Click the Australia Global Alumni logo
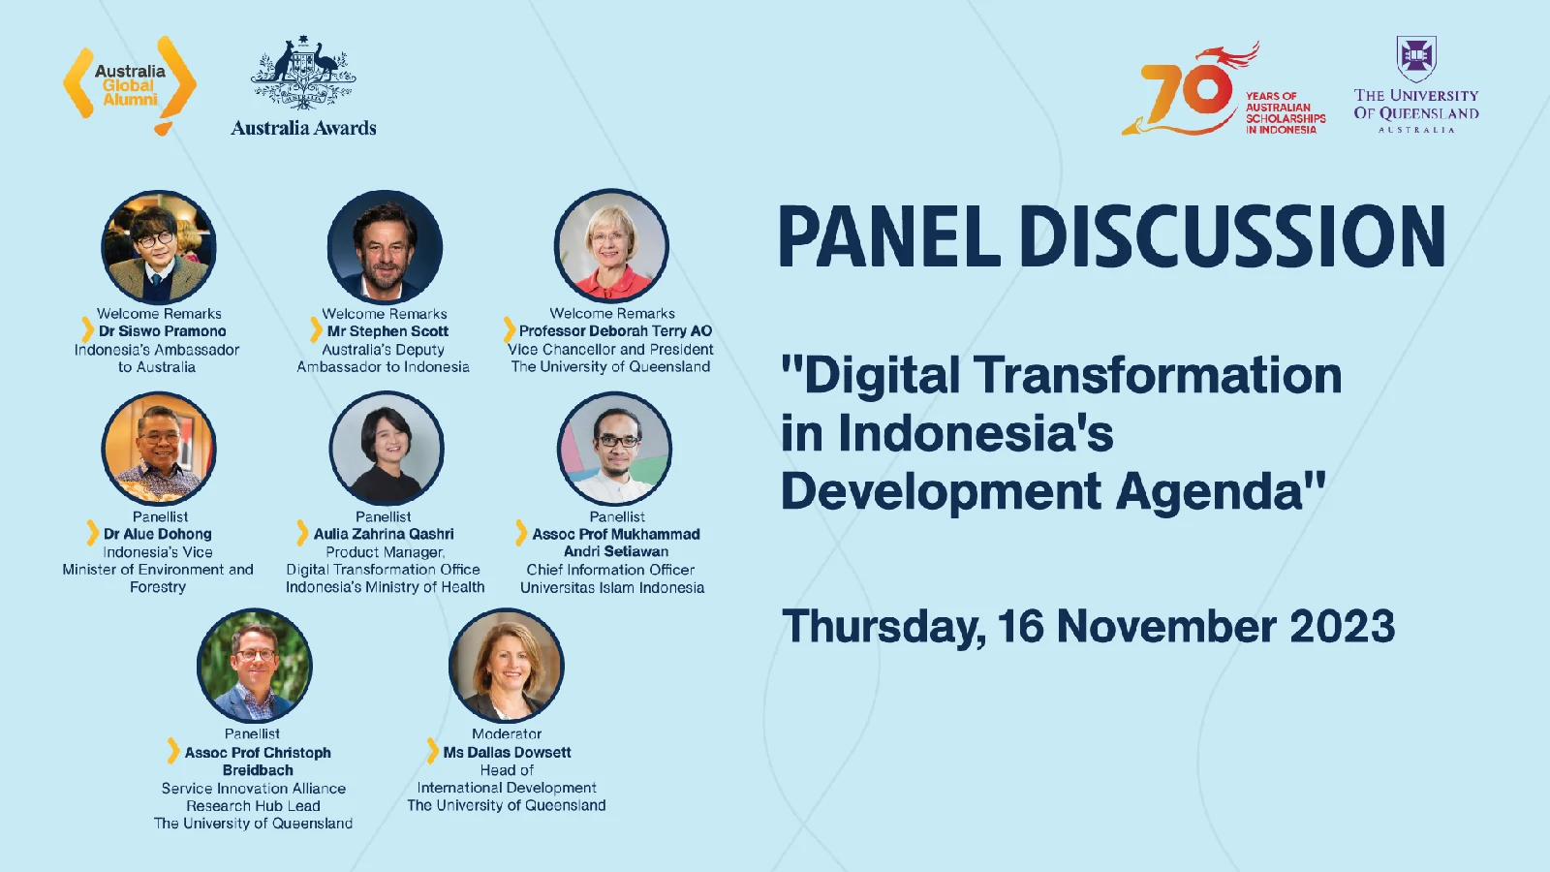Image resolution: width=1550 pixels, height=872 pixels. [130, 85]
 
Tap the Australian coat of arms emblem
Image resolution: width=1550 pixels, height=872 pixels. [303, 73]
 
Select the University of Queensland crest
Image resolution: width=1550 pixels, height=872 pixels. [1415, 59]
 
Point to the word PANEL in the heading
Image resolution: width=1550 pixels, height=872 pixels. [890, 236]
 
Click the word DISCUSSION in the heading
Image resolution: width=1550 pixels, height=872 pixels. [1232, 236]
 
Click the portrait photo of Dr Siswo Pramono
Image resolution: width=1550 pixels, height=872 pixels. [159, 246]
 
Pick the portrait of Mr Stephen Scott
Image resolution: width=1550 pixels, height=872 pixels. [385, 246]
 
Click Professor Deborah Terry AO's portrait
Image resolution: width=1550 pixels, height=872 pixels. [611, 246]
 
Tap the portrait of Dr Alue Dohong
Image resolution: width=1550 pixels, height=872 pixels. [159, 448]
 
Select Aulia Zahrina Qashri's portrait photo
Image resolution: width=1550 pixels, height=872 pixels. [387, 448]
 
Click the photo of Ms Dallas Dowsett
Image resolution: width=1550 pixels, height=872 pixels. [507, 665]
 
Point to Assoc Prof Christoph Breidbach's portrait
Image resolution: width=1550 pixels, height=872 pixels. [255, 665]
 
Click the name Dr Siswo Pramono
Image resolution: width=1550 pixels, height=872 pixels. [163, 331]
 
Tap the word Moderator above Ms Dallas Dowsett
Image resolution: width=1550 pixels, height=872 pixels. [507, 733]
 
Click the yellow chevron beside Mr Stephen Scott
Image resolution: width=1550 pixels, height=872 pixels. [316, 330]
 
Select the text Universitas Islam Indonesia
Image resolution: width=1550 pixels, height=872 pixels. [612, 587]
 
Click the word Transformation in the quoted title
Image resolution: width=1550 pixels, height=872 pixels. [1161, 375]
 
